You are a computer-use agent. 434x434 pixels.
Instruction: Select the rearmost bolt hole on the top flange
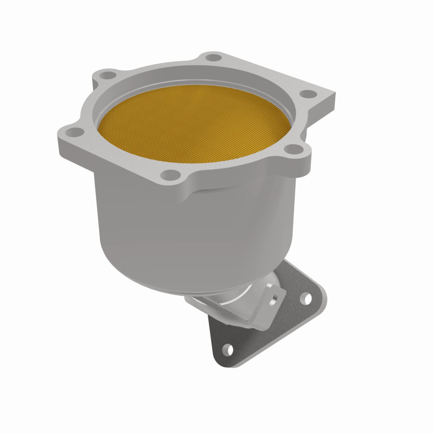click(x=214, y=57)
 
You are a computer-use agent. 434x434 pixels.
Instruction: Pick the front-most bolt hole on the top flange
click(x=171, y=174)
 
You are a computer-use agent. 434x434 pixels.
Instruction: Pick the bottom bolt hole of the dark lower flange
click(x=229, y=349)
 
